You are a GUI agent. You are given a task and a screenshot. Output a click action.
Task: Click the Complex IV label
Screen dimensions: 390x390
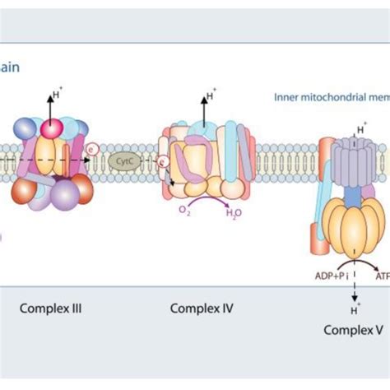click(202, 310)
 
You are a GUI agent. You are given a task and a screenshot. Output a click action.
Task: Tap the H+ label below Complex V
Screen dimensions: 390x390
click(354, 310)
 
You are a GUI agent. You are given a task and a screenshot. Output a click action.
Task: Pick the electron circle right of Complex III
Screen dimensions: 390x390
click(92, 149)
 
